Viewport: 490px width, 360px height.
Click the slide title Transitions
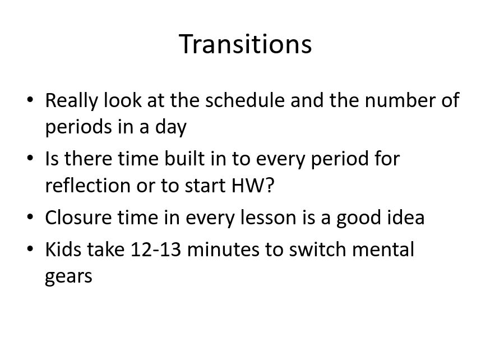(x=246, y=44)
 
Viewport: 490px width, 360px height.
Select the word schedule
(x=245, y=100)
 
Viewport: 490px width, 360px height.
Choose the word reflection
(x=88, y=185)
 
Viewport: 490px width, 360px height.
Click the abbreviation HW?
(x=253, y=185)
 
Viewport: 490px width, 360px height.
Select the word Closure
(x=78, y=218)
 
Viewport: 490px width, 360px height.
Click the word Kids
(x=64, y=250)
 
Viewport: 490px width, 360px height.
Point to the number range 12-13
(x=156, y=250)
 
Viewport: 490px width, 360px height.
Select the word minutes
(x=223, y=250)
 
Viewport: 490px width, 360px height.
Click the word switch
(x=317, y=250)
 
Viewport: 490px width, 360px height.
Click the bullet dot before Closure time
(x=30, y=217)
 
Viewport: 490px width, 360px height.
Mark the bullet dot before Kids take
(x=30, y=249)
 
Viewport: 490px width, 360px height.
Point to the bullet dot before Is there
(x=30, y=158)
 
